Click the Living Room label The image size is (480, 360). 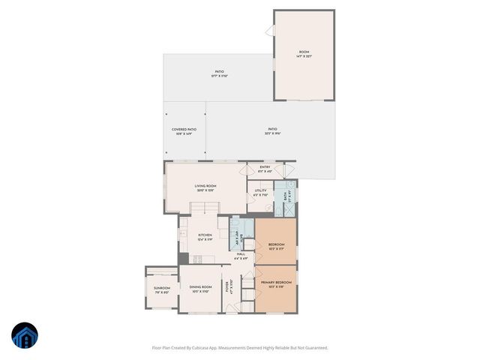coord(205,189)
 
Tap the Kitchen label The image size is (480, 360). coord(205,236)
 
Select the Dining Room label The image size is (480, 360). coord(200,288)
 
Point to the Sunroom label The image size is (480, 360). coord(162,289)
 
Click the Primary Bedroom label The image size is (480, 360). coord(276,283)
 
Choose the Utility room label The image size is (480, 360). coord(260,192)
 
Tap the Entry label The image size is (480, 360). coord(265,168)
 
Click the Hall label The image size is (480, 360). coord(241,256)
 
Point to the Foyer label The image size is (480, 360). coord(231,286)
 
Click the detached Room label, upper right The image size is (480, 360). coord(304,53)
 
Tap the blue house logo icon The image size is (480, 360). coord(25,336)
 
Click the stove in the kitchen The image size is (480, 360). coord(198,259)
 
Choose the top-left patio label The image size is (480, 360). coord(219,73)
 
